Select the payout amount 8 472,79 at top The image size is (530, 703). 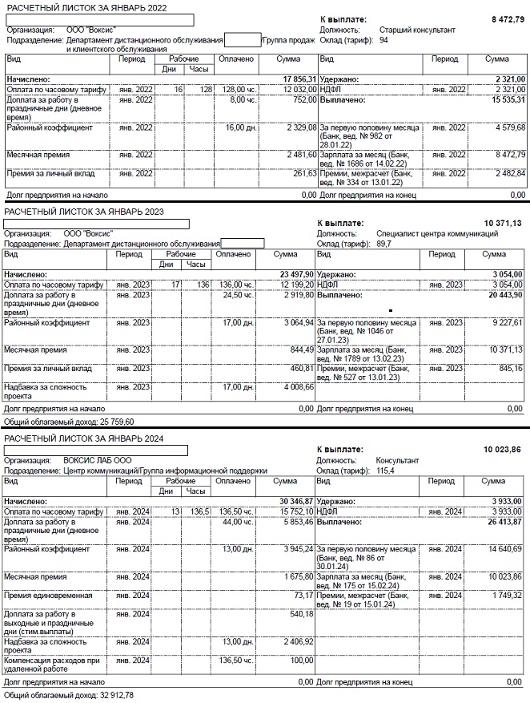pyautogui.click(x=506, y=17)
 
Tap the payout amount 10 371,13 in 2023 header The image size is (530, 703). pyautogui.click(x=503, y=223)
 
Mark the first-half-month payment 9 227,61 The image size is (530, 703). pyautogui.click(x=504, y=322)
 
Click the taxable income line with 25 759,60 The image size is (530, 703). pyautogui.click(x=69, y=421)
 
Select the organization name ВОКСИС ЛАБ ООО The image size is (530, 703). pyautogui.click(x=98, y=461)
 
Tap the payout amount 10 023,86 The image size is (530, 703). pyautogui.click(x=503, y=450)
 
